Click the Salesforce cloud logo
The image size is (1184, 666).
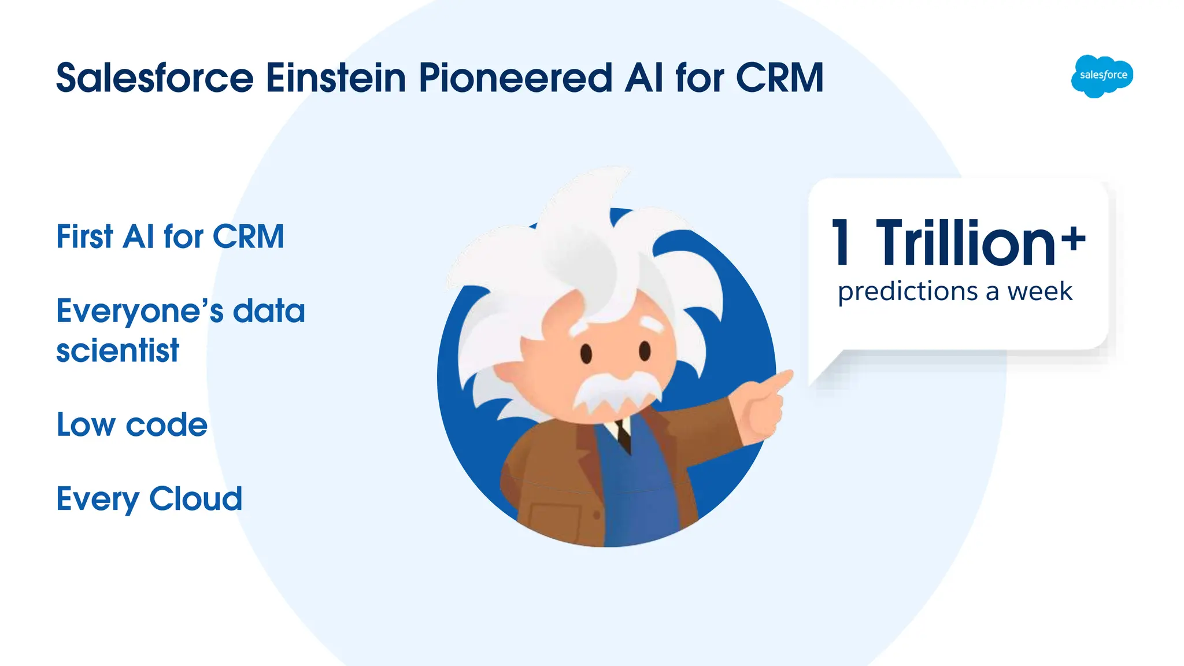click(1102, 76)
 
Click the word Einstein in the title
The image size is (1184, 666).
click(336, 78)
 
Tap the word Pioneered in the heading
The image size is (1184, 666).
click(515, 78)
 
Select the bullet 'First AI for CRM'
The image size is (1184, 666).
click(170, 236)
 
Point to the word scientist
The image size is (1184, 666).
click(118, 351)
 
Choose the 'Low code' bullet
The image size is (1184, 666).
click(132, 425)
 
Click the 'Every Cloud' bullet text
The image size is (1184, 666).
click(149, 499)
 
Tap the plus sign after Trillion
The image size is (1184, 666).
click(1074, 239)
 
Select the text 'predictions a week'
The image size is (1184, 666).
click(955, 291)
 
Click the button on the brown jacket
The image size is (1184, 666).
click(597, 514)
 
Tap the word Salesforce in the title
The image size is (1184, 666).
click(155, 78)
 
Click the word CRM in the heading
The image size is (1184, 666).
click(779, 78)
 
